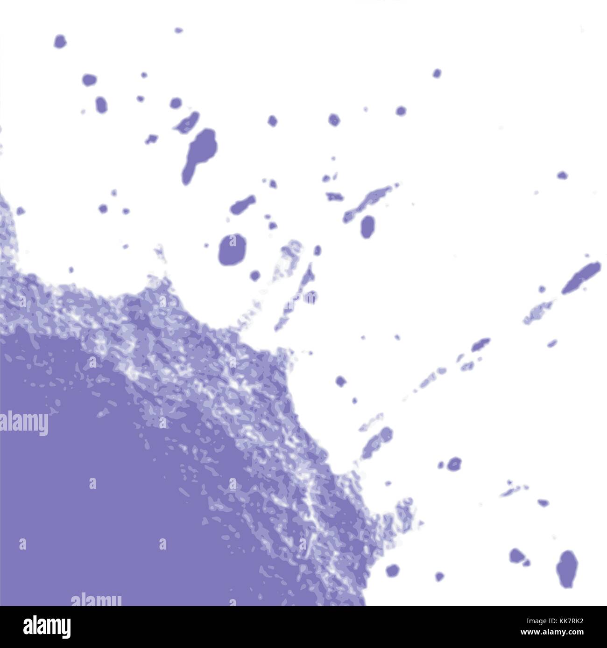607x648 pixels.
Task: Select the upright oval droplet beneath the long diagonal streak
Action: (x=368, y=227)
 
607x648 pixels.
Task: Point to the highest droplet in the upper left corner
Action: (x=60, y=41)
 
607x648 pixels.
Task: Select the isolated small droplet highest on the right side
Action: (x=437, y=73)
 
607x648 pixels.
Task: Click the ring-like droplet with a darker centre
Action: (x=454, y=464)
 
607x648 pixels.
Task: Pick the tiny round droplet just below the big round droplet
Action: (x=254, y=275)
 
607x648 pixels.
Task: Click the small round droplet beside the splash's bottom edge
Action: (x=392, y=570)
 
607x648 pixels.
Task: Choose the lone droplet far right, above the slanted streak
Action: (x=562, y=175)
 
